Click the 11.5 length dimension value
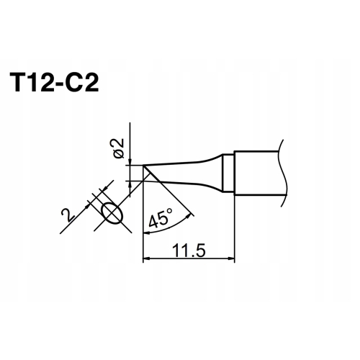pyautogui.click(x=190, y=251)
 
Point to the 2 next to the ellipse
pyautogui.click(x=66, y=214)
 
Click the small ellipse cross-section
pyautogui.click(x=112, y=213)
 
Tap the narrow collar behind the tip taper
pyautogui.click(x=228, y=173)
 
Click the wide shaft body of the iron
pyautogui.click(x=259, y=173)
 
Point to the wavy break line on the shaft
pyautogui.click(x=285, y=173)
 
